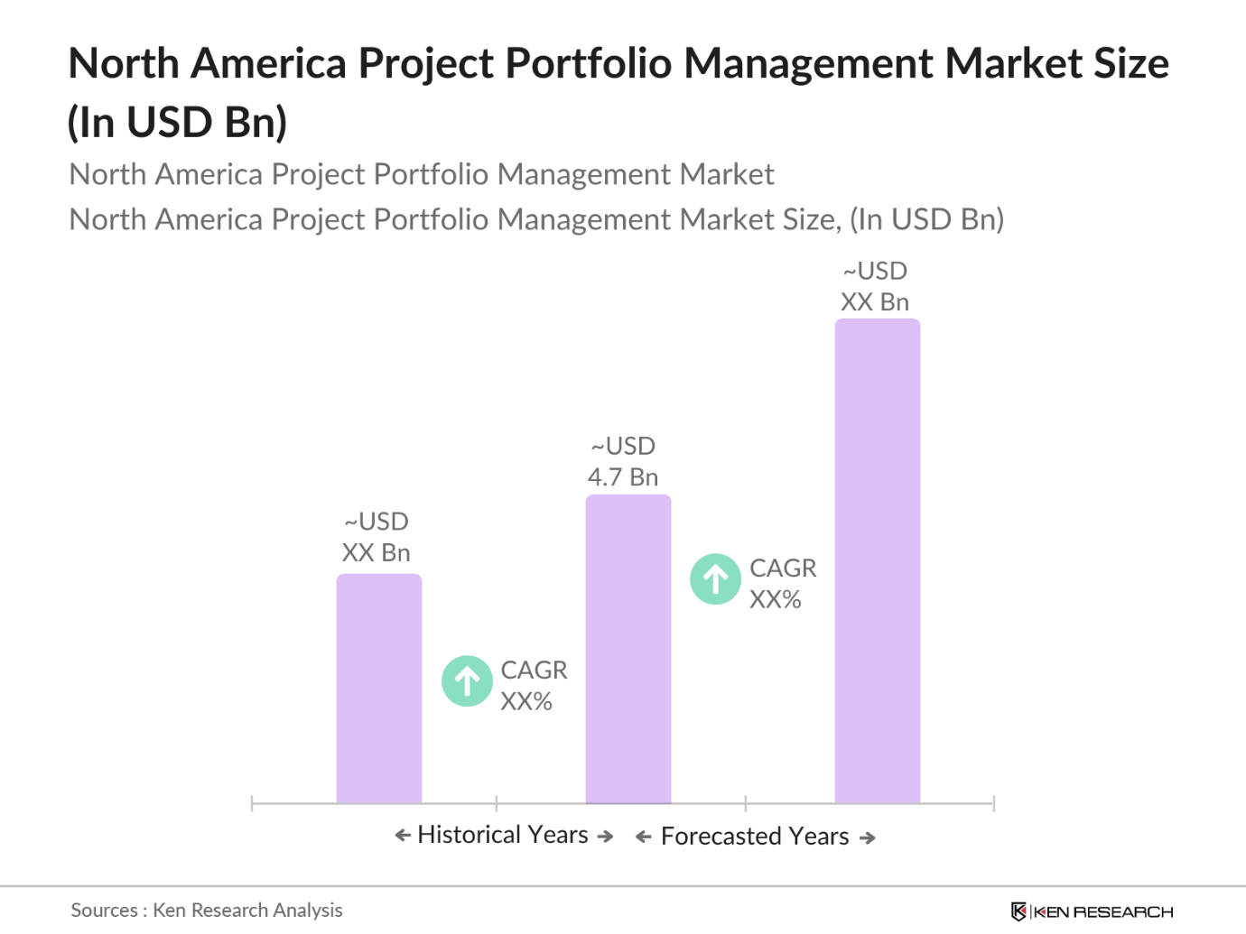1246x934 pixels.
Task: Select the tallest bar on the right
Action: coord(877,560)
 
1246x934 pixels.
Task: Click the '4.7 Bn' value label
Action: coord(623,477)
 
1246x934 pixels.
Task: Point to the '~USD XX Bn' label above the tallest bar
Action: coord(875,287)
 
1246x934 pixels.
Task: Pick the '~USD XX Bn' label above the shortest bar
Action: coord(376,537)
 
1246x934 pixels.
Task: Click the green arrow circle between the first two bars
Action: coord(467,681)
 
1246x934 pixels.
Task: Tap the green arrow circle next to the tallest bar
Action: coord(715,578)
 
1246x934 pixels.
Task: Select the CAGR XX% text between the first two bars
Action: coord(534,686)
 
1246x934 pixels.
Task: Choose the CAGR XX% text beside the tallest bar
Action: coord(782,583)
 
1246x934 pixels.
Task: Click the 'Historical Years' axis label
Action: coord(503,835)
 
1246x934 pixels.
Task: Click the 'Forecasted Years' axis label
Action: coord(755,837)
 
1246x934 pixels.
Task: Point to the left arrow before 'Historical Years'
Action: coord(403,836)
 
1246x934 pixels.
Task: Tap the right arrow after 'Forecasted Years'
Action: coord(868,838)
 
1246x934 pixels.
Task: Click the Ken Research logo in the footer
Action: coord(1092,911)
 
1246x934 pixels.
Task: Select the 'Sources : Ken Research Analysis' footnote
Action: coord(207,910)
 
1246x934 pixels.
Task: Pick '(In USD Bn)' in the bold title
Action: coord(178,123)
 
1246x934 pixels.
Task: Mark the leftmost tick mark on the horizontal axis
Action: coord(252,803)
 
